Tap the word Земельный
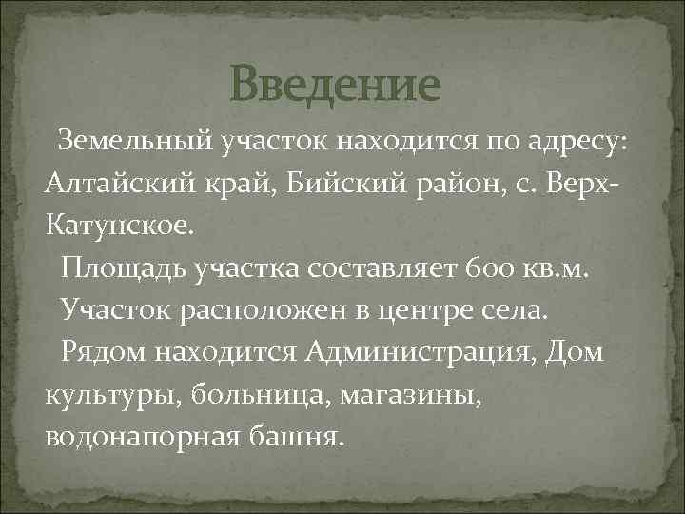pos(132,143)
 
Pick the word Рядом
pos(103,351)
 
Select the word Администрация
pos(422,351)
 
